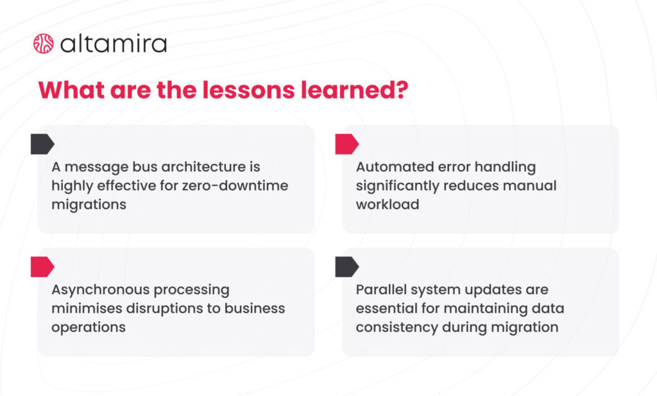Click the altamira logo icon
[43, 44]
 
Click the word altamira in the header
[114, 44]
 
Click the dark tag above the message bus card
[42, 144]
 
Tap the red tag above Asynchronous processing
[42, 267]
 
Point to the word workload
[388, 205]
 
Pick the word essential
[384, 308]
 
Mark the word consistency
[397, 327]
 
